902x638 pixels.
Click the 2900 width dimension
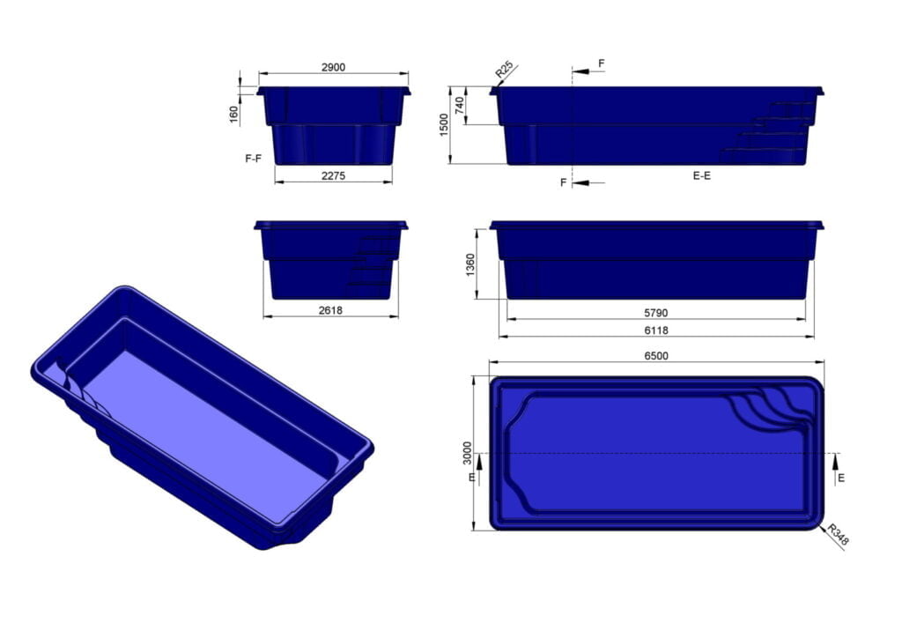(x=333, y=67)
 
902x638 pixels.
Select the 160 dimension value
(x=233, y=115)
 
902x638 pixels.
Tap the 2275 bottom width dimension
(x=333, y=175)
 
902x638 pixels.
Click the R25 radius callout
(x=504, y=69)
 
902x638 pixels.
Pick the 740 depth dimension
(x=458, y=106)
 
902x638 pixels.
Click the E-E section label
(x=702, y=176)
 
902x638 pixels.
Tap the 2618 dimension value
(x=330, y=310)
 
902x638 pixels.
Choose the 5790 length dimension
(x=656, y=313)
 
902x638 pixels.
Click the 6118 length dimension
(x=656, y=330)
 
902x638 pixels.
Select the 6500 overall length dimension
(x=656, y=355)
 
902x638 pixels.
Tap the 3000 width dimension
(x=467, y=453)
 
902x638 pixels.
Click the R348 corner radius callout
(x=838, y=535)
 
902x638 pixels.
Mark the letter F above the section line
(x=602, y=63)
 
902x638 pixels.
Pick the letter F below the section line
(x=564, y=182)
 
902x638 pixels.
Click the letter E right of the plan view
(x=841, y=478)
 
